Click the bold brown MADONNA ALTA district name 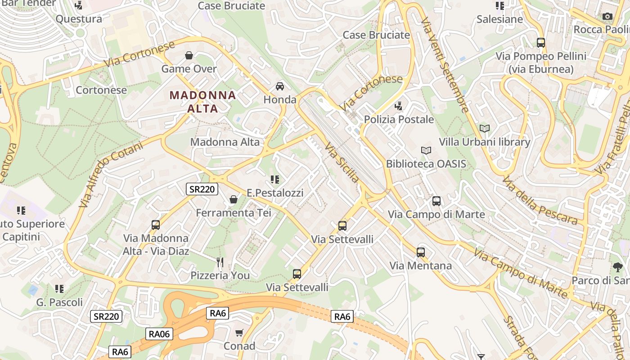(202, 102)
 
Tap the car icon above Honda (280, 86)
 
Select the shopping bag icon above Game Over (189, 55)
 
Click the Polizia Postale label (399, 119)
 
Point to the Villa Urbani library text (484, 142)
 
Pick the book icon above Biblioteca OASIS (426, 150)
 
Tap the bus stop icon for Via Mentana (421, 252)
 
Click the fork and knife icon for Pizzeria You (220, 262)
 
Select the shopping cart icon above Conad (239, 333)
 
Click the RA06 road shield (159, 333)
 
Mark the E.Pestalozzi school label (275, 193)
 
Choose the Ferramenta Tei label (234, 212)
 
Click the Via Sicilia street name (342, 163)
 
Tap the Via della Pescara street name (540, 201)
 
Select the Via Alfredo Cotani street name (110, 174)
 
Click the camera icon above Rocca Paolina (607, 17)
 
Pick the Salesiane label (499, 19)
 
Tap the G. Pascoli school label (59, 302)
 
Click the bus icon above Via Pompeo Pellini (541, 43)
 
